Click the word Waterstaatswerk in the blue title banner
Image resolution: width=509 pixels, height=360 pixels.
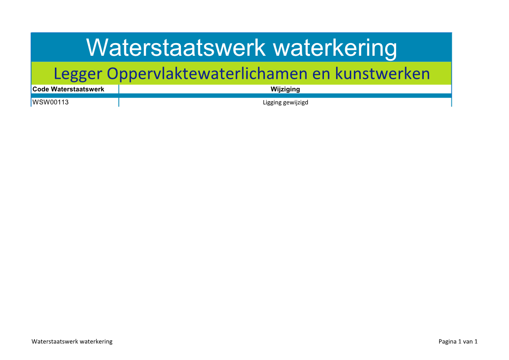(x=176, y=48)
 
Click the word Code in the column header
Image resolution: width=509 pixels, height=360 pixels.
(x=40, y=89)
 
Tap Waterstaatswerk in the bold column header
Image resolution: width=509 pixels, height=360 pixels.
(x=78, y=89)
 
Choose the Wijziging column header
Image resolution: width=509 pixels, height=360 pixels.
(x=285, y=89)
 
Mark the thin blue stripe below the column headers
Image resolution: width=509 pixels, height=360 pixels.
(x=241, y=96)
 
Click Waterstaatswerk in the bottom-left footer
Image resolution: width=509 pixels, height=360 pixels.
(x=55, y=341)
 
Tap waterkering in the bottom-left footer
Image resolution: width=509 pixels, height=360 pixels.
(x=96, y=341)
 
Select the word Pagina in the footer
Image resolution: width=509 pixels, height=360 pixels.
(x=447, y=342)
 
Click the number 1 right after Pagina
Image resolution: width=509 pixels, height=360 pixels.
(x=460, y=341)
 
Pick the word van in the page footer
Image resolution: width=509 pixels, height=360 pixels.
(x=468, y=342)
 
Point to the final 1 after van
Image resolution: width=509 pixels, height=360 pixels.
(x=476, y=341)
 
